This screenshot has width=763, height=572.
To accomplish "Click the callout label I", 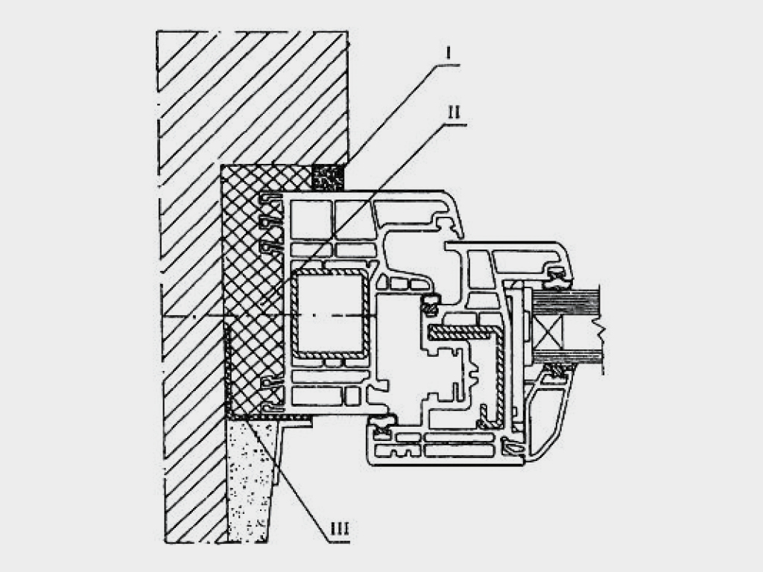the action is coord(448,52).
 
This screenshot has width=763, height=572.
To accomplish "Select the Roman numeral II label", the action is coord(454,112).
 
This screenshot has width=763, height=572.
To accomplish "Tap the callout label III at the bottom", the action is coord(339,528).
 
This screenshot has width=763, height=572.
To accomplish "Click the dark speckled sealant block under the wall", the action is coord(328,177).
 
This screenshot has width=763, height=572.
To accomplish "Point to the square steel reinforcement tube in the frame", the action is coord(330,314).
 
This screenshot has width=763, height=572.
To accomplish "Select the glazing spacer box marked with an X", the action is coord(547,333).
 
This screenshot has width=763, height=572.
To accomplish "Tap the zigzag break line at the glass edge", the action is coord(602,331).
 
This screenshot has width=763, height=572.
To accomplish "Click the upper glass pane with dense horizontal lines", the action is coord(567,302).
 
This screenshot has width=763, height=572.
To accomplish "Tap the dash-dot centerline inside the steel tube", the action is coord(330,316).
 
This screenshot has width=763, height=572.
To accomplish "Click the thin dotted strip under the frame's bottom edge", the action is coord(270,417).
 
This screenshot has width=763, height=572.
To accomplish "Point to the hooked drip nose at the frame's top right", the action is coord(450,223).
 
